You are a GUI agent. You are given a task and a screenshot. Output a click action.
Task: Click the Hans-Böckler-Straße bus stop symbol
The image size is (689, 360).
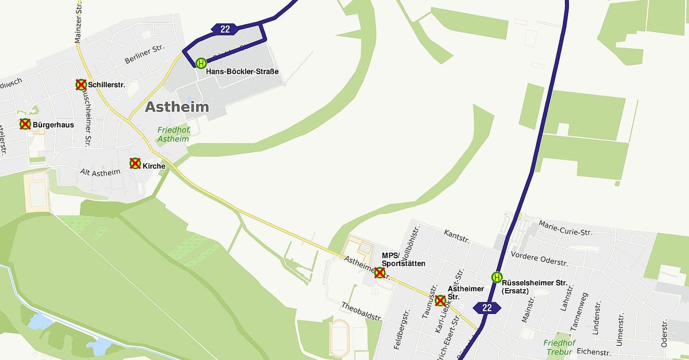201,63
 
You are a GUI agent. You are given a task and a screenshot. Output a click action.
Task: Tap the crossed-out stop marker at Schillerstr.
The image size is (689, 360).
81,85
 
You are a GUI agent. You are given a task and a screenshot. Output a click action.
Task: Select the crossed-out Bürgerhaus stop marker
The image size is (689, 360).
25,124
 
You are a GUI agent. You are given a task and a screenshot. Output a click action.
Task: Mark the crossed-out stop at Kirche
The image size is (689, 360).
135,164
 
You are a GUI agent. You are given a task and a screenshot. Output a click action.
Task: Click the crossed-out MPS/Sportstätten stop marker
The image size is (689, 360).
380,273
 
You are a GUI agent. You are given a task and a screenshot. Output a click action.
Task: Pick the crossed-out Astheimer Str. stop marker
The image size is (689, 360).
440,300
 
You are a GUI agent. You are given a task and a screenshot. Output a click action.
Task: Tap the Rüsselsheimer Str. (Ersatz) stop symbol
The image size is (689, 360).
497,277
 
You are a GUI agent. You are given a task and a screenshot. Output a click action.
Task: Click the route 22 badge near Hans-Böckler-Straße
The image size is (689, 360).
224,29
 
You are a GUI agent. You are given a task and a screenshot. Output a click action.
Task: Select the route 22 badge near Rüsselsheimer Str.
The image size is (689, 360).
487,308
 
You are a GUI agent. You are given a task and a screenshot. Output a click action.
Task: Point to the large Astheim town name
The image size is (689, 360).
177,107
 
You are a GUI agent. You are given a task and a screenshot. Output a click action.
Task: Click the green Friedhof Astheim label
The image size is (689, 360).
173,134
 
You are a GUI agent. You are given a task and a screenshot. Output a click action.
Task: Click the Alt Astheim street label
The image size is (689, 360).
100,172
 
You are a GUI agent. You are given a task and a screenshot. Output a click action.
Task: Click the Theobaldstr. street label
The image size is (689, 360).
362,311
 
